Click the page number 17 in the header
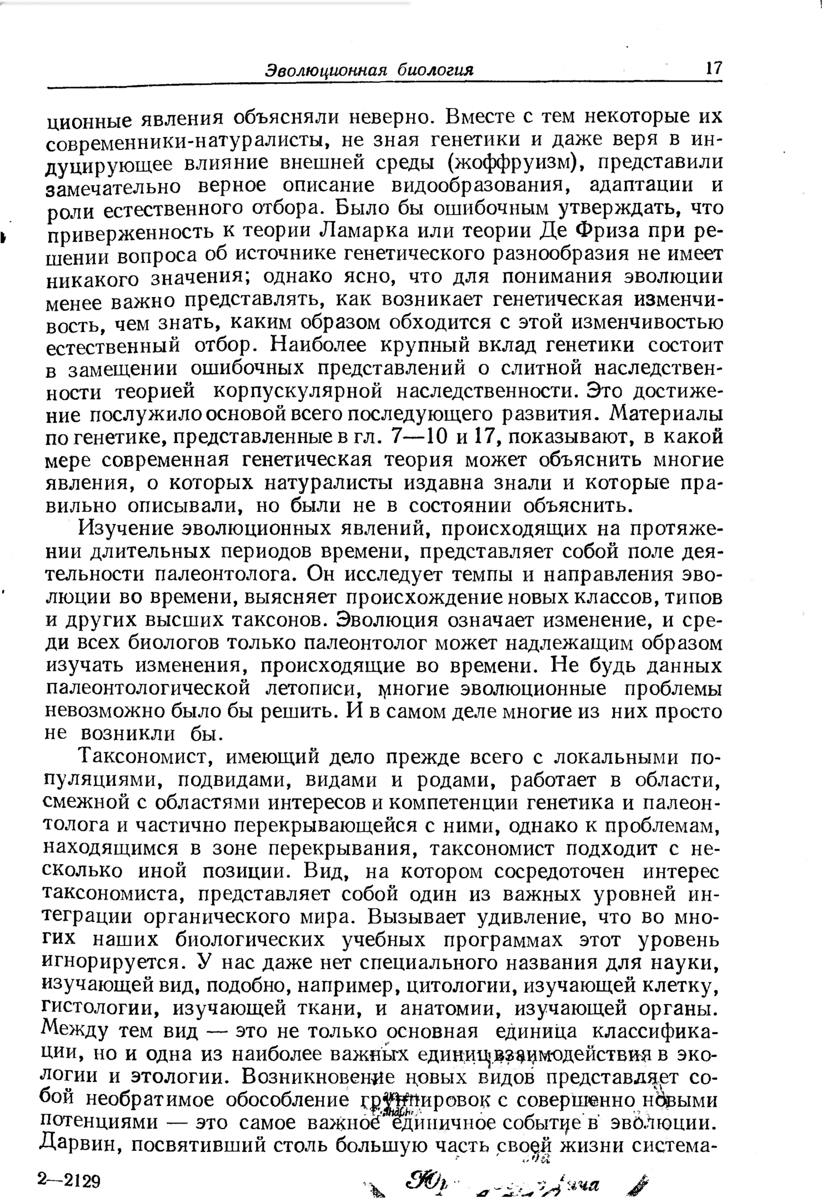[713, 68]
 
